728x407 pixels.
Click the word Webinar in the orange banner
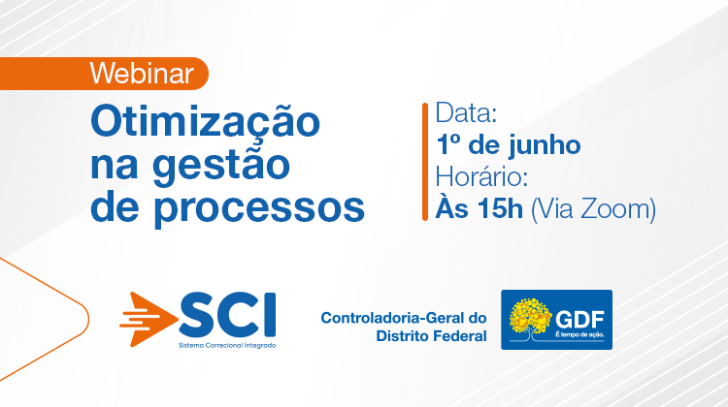click(x=142, y=74)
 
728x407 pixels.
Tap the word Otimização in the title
click(x=205, y=121)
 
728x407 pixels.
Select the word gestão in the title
click(x=221, y=167)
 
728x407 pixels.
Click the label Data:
click(x=466, y=112)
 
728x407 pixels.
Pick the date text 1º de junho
click(x=509, y=144)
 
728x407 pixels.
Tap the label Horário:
click(x=481, y=176)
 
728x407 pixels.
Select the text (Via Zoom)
click(x=593, y=209)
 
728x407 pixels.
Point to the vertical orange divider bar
click(x=425, y=162)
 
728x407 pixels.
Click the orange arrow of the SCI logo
click(x=149, y=320)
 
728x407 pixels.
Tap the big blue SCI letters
click(x=227, y=314)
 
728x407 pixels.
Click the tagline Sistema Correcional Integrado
click(x=227, y=345)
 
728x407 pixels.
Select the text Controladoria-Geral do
click(x=404, y=318)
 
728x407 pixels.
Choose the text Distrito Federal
click(x=431, y=335)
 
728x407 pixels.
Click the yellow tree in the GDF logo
click(x=530, y=319)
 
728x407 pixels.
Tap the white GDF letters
click(x=579, y=320)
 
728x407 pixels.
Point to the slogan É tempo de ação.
click(x=579, y=334)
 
